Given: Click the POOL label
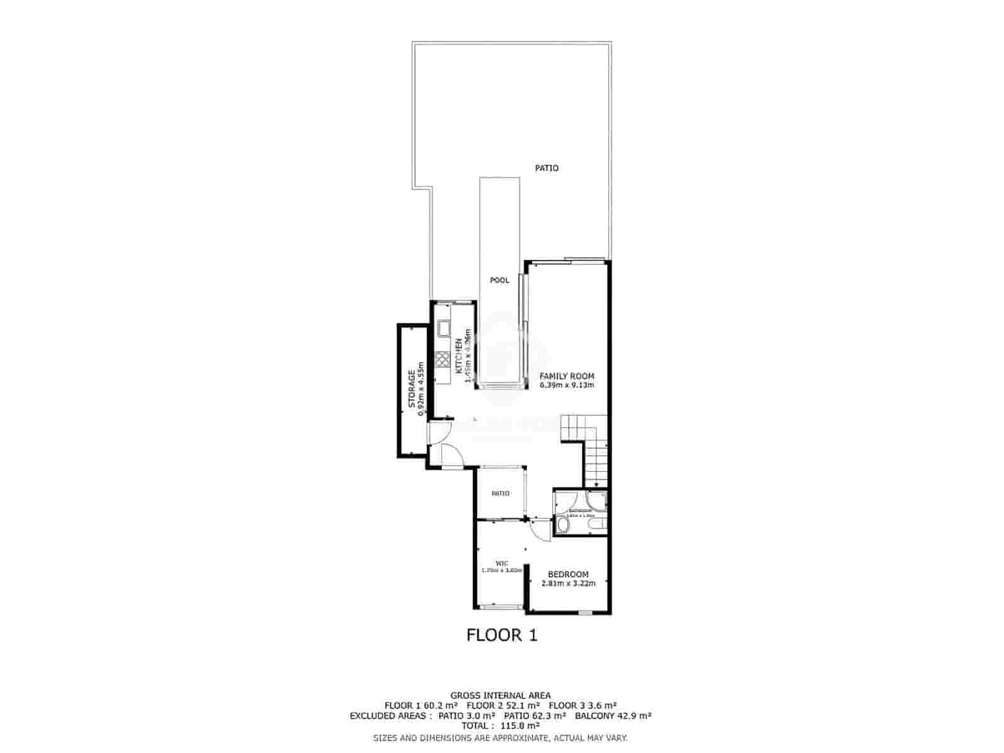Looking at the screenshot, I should click(x=499, y=280).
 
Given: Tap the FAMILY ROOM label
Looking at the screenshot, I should click(x=567, y=376).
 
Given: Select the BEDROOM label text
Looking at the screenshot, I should click(x=568, y=574).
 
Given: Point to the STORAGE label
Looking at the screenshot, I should click(x=412, y=389).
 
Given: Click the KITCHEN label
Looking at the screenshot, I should click(x=459, y=356).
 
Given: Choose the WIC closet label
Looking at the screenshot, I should click(x=501, y=563).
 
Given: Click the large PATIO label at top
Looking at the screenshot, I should click(x=547, y=168).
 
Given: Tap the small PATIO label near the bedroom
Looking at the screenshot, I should click(x=500, y=494).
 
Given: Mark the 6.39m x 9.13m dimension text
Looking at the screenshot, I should click(x=567, y=385).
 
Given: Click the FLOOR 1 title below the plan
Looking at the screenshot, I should click(x=502, y=635).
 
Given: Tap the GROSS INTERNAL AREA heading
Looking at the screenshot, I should click(x=501, y=695).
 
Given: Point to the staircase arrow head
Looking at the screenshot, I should click(x=595, y=484).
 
